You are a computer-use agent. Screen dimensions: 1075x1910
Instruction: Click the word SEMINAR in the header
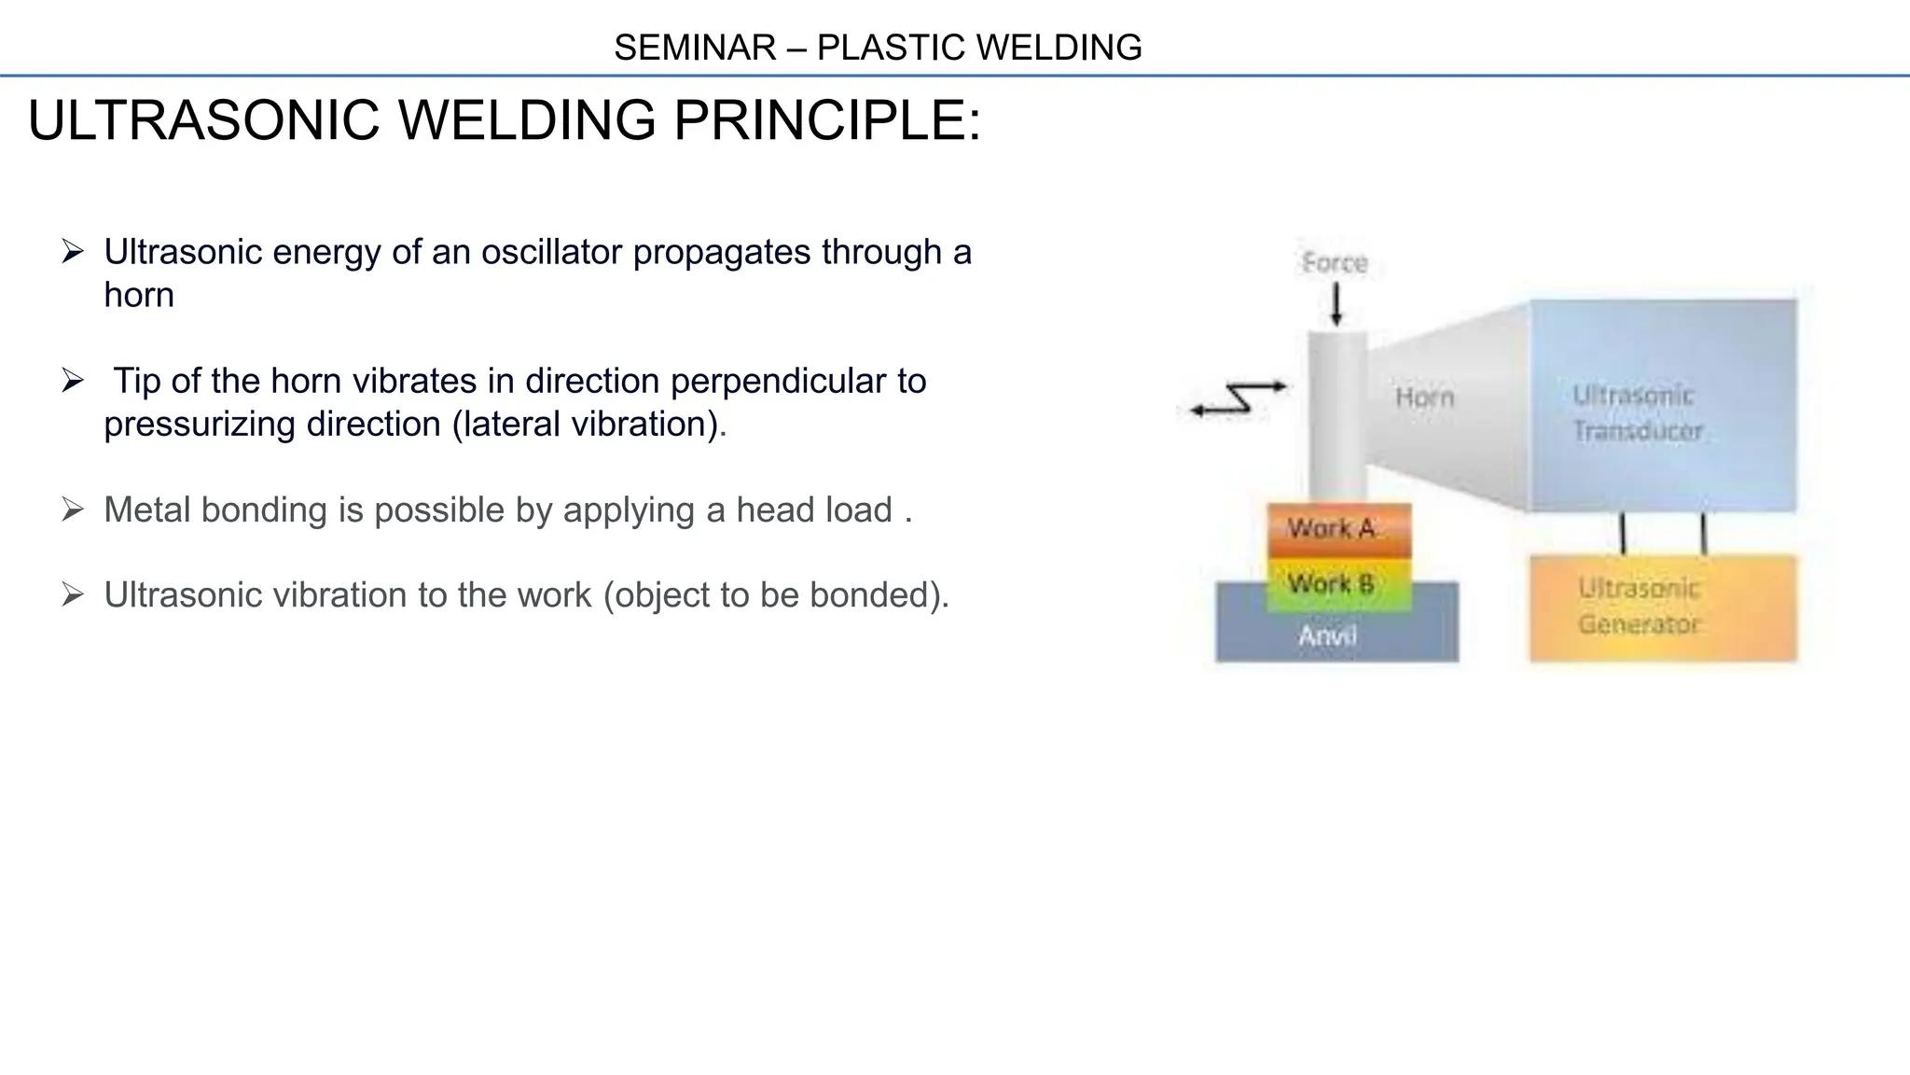[695, 48]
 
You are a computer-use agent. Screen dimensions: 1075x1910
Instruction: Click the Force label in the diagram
[1335, 263]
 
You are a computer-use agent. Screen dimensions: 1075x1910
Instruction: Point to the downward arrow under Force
[1336, 304]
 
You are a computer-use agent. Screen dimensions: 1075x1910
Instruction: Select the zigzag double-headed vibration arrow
[1239, 398]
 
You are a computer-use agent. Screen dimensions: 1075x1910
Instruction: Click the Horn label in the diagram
[1424, 398]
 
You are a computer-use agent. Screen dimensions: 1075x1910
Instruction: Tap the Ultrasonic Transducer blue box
[1663, 406]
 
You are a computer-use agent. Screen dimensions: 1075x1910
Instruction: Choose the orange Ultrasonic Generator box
[1663, 607]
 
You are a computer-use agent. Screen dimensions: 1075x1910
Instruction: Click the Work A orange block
[1338, 529]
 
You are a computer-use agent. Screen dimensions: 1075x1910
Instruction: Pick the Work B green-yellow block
[1338, 585]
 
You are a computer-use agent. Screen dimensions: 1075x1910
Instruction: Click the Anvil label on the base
[1327, 636]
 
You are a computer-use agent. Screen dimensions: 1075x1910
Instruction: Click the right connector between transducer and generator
[1703, 534]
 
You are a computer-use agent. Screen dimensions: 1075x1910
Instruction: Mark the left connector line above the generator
[1623, 534]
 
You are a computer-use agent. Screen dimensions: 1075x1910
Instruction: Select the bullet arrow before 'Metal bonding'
[73, 510]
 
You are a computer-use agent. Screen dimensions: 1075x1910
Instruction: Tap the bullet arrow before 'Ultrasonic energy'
[73, 252]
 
